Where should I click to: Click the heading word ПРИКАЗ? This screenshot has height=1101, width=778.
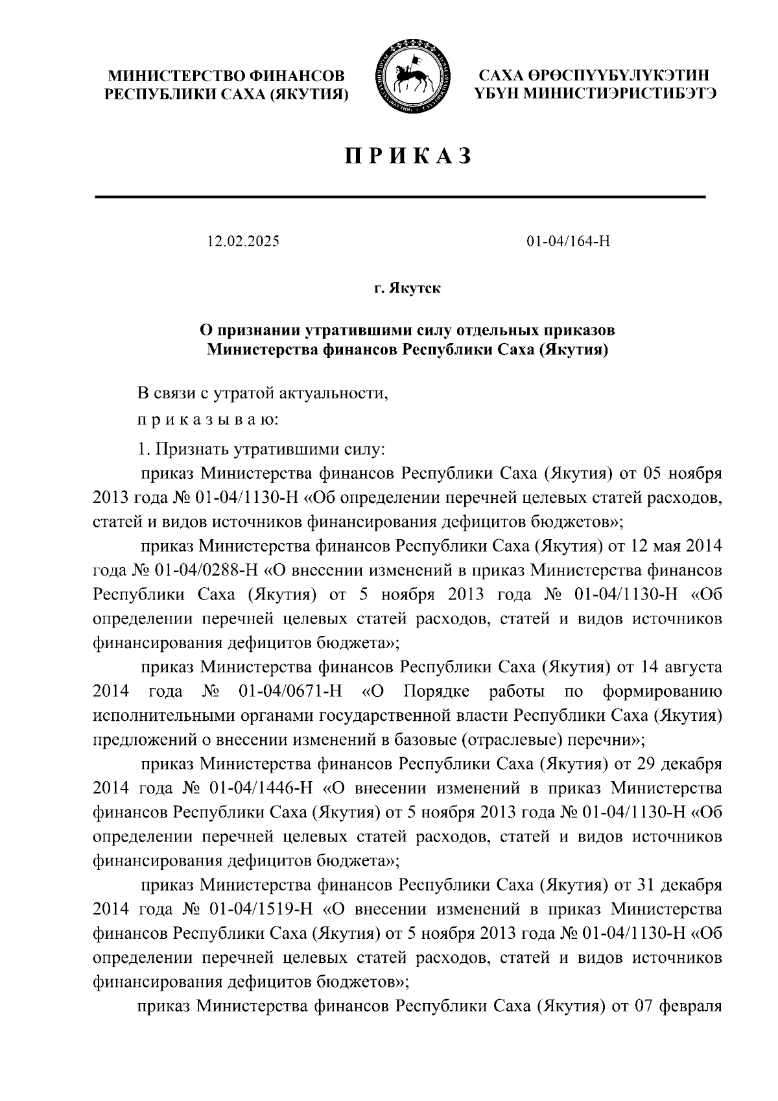408,156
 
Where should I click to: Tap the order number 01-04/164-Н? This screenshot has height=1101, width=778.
568,242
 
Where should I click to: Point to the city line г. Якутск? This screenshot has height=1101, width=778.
407,288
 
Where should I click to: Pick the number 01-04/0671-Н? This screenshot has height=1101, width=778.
290,691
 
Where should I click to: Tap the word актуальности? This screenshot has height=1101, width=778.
334,393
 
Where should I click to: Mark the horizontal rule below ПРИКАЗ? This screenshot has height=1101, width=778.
400,197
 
